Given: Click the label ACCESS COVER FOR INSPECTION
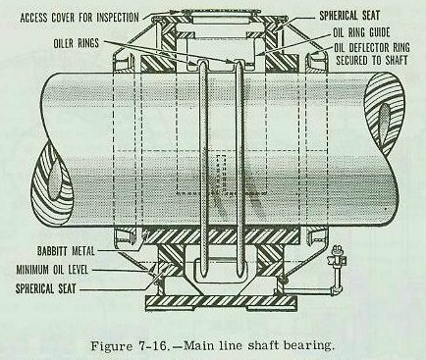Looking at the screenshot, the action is coord(80,17).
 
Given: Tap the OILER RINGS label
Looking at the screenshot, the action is coord(77,43).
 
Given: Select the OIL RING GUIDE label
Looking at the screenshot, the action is coord(361,32).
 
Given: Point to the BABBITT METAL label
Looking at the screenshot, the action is coord(66,251).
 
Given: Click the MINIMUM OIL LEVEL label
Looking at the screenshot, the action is coord(52,270).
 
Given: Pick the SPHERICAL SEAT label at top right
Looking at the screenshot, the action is coord(349,16).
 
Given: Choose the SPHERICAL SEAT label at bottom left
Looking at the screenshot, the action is coord(45,288).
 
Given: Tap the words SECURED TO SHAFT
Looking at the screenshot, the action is coord(372,60).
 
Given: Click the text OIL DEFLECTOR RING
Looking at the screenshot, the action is coord(372,47).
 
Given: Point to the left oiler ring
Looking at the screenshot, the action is coord(204,164).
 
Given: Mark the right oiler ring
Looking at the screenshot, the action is coord(240,164).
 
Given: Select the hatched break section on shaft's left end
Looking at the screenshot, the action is coord(52,189).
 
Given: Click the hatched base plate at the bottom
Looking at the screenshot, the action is coord(221,300).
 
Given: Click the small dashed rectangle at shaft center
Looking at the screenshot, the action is coord(222,175).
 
